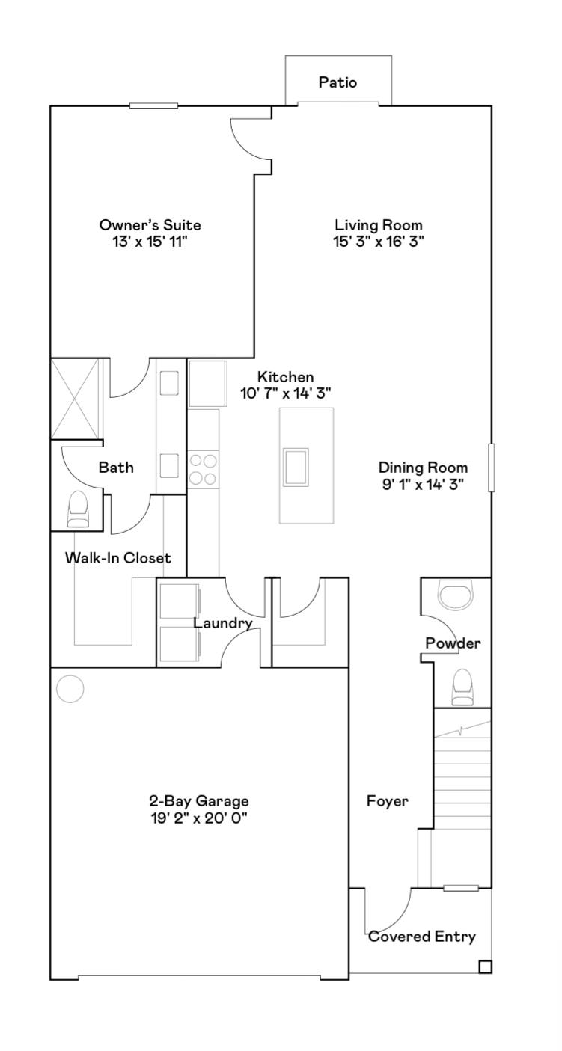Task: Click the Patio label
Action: click(x=338, y=82)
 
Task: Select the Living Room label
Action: click(x=379, y=224)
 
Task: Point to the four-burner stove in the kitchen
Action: click(x=203, y=470)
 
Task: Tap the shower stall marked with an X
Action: click(x=75, y=399)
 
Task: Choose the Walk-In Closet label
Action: click(x=117, y=558)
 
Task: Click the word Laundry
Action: click(x=223, y=623)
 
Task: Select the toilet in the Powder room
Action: click(x=462, y=687)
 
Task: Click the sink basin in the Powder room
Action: click(x=456, y=596)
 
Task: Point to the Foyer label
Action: click(x=387, y=802)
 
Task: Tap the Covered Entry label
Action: click(x=422, y=937)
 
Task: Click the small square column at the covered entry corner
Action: click(x=485, y=966)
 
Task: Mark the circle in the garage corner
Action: click(x=70, y=689)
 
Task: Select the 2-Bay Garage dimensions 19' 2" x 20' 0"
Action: click(x=198, y=818)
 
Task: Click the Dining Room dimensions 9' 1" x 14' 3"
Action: click(x=423, y=484)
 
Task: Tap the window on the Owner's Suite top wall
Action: click(x=153, y=105)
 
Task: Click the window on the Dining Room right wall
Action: click(x=492, y=468)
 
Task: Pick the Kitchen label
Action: click(x=285, y=376)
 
